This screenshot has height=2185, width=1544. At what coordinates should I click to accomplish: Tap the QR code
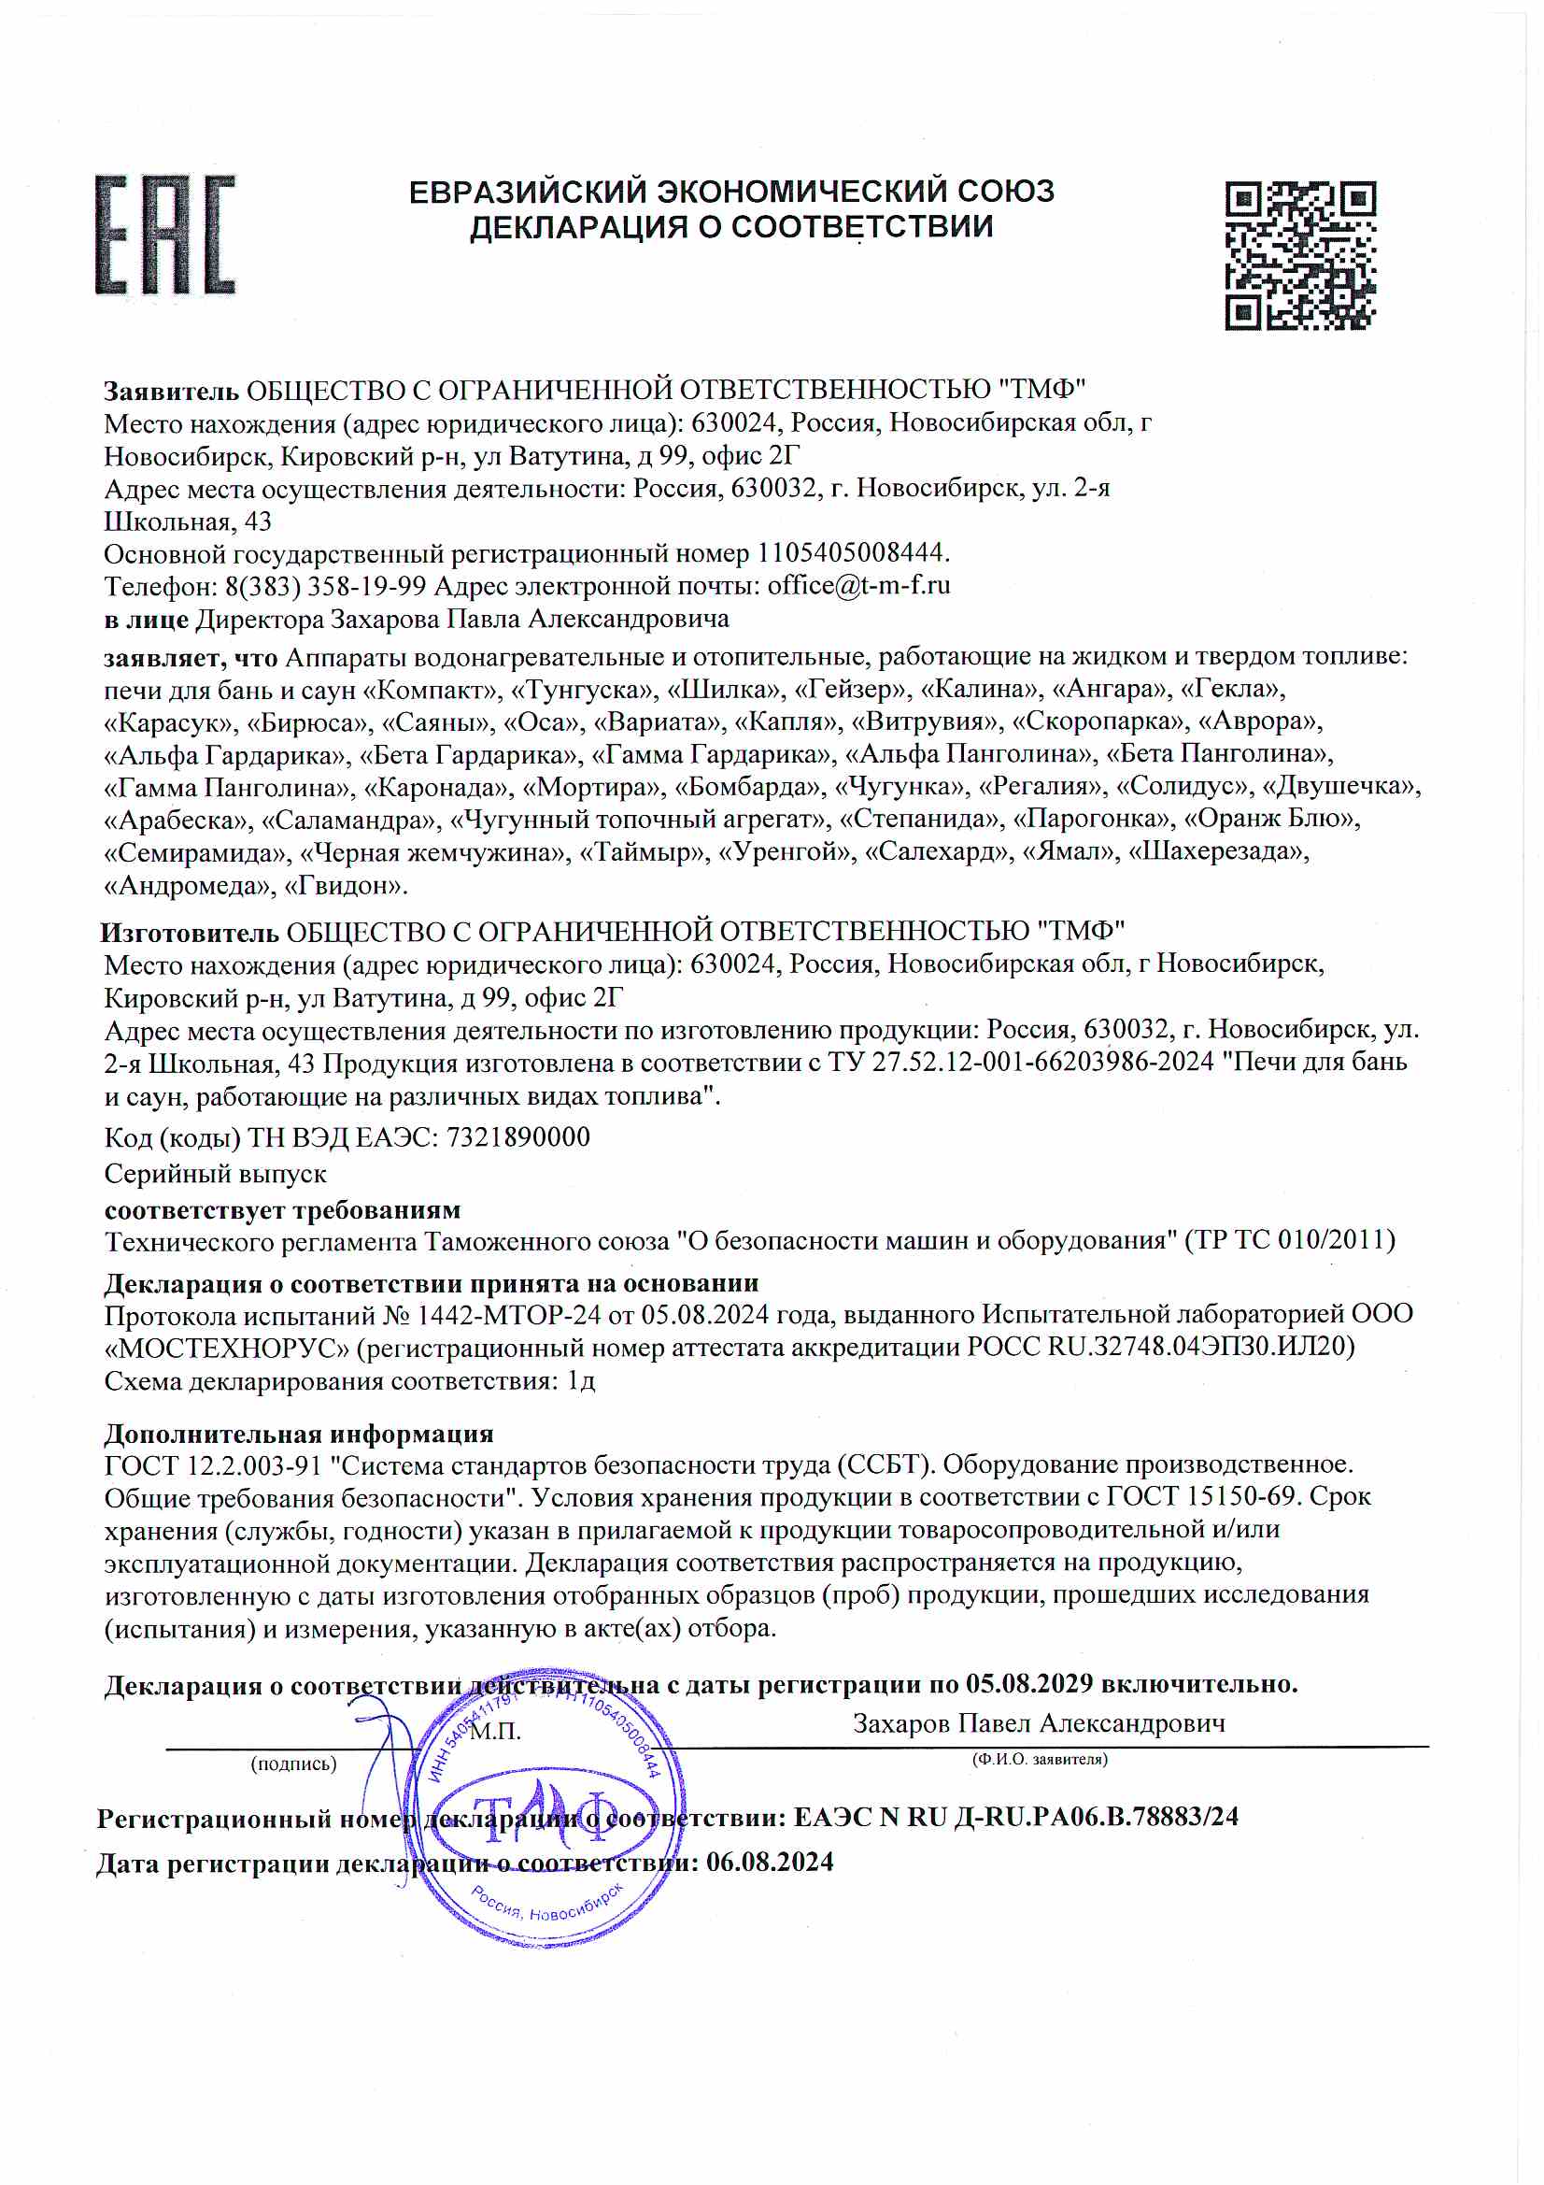pos(1299,255)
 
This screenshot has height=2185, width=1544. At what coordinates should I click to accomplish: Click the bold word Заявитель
pos(171,392)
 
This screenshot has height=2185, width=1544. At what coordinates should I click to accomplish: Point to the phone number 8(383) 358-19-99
pos(325,586)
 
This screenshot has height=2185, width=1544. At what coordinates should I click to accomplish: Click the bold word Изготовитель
pos(190,933)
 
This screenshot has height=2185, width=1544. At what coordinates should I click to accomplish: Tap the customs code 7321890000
pos(518,1137)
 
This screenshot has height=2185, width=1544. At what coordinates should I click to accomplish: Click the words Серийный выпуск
pos(215,1175)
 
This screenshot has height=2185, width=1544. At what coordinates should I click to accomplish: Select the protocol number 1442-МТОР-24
pos(509,1316)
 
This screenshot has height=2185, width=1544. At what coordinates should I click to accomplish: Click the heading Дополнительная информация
pos(299,1435)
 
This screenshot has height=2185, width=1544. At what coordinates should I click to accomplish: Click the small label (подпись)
pos(293,1764)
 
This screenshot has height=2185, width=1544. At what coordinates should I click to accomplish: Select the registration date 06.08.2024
pos(769,1863)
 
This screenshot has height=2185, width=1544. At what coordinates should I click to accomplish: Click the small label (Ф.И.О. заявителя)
pos(1039,1760)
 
